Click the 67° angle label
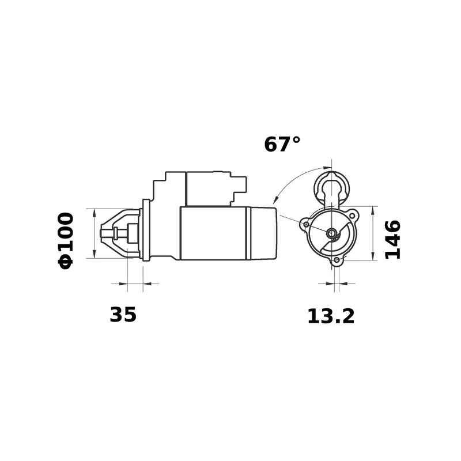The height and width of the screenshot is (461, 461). tap(282, 145)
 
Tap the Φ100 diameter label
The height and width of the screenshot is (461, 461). tap(66, 241)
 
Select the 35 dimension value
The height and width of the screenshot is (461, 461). tap(123, 315)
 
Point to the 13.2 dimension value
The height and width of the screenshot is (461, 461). tap(331, 316)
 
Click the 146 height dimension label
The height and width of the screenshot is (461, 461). tap(393, 239)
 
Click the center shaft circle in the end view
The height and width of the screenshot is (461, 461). tap(332, 233)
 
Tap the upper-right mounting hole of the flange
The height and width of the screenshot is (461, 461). tap(352, 216)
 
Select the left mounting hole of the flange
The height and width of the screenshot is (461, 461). tap(306, 225)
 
